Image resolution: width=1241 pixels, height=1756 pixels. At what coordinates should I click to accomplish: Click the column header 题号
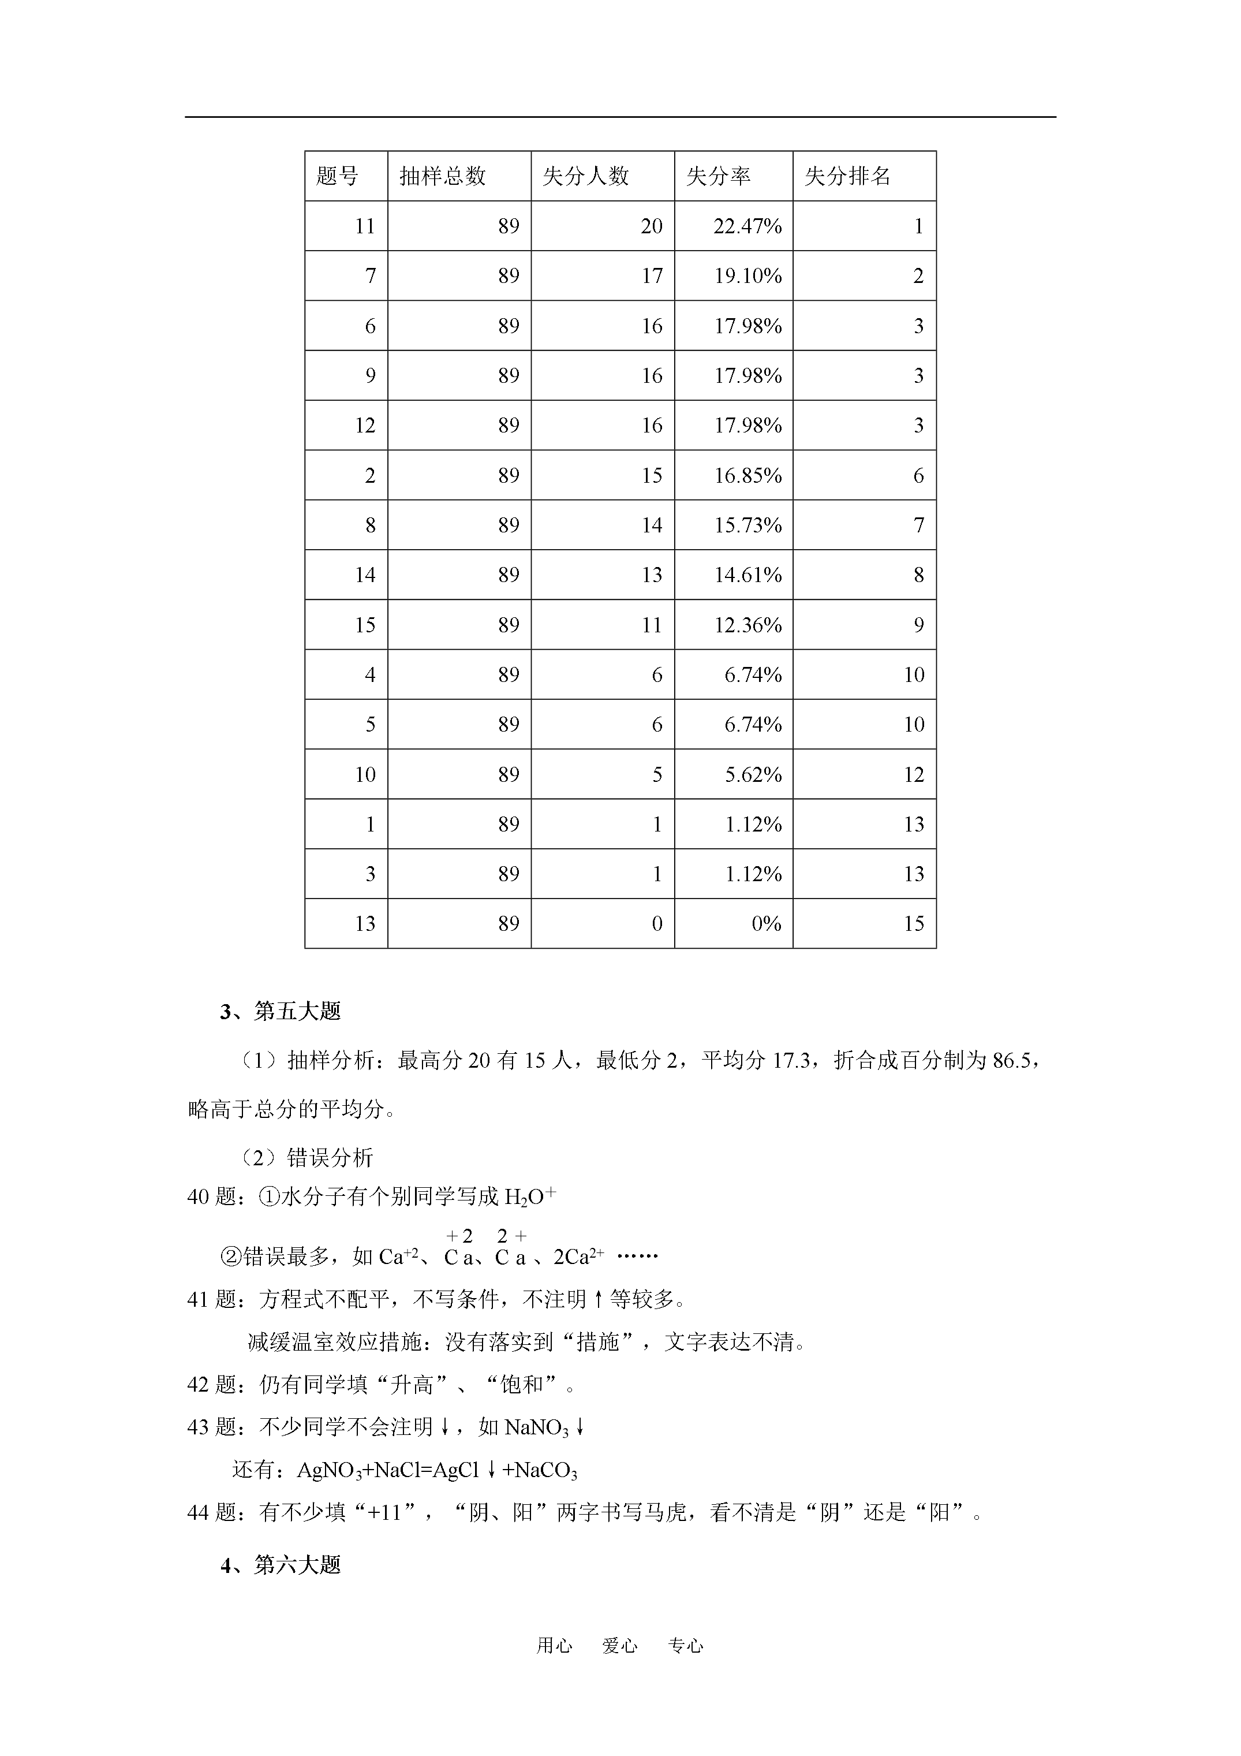337,177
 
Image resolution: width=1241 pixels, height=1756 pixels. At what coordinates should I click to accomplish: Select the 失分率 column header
718,177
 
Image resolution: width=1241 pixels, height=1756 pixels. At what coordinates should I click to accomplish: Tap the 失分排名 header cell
847,177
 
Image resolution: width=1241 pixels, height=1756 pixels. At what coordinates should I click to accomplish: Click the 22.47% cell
747,226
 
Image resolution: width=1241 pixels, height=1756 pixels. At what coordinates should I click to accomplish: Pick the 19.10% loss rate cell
747,276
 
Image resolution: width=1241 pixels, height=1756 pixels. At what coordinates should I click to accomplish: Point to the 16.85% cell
747,476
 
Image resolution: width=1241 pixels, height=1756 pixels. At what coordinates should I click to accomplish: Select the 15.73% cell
747,525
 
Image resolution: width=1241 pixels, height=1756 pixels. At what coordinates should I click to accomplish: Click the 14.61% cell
747,575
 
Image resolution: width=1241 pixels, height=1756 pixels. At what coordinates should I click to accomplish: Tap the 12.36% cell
747,625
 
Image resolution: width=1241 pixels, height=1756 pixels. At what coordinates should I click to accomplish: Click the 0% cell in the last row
766,924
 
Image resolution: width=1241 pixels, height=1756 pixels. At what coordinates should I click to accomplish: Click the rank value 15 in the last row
914,924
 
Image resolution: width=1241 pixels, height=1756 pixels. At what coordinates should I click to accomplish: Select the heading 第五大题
297,1012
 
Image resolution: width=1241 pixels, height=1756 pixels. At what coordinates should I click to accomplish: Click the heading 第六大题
297,1565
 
